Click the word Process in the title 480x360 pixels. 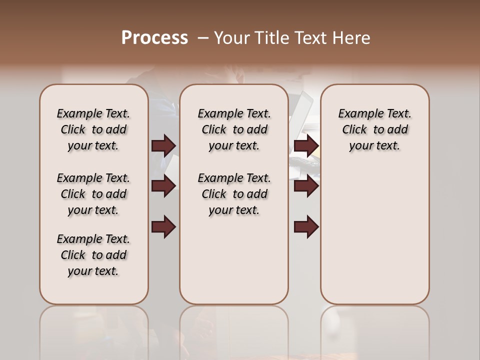[x=154, y=38]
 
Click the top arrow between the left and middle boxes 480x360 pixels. [x=163, y=146]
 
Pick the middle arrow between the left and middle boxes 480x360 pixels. [x=163, y=186]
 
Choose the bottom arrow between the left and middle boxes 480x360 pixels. [x=163, y=227]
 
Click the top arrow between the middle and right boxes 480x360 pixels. [x=306, y=146]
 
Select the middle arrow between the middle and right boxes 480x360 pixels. [x=306, y=186]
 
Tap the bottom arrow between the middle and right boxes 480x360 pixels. [x=306, y=227]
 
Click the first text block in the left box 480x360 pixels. [x=93, y=129]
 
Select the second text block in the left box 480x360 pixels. [x=93, y=194]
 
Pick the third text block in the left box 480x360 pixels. [x=93, y=255]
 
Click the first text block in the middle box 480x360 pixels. [x=234, y=129]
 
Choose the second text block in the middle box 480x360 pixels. [x=234, y=194]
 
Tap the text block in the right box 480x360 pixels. [x=374, y=129]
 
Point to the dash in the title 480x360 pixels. [x=203, y=38]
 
